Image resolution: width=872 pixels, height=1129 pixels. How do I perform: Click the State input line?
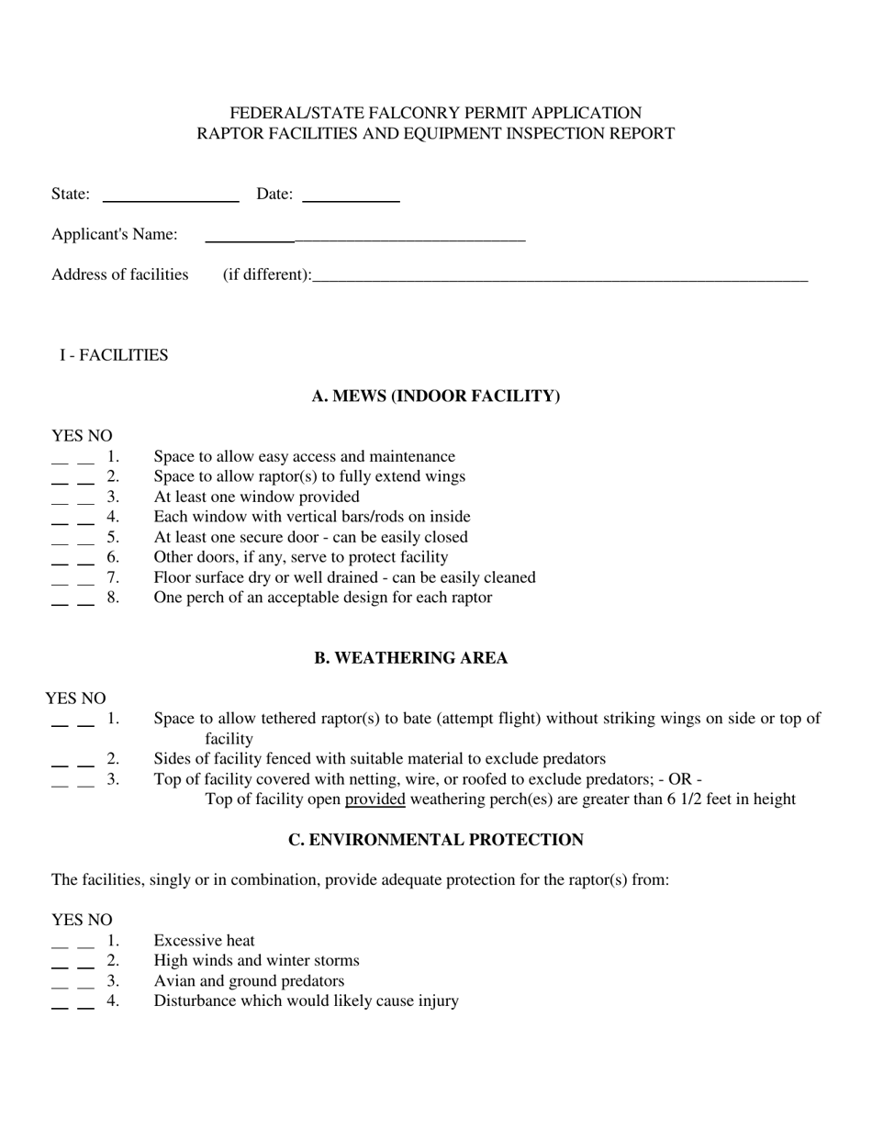(171, 198)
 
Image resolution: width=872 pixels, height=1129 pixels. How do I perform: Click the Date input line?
(351, 198)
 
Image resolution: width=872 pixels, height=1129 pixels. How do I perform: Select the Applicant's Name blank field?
(364, 239)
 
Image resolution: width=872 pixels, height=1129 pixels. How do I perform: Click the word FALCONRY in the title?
(415, 113)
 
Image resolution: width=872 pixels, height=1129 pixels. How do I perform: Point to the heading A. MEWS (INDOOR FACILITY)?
(436, 397)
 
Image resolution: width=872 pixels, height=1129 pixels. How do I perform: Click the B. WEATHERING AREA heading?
(410, 658)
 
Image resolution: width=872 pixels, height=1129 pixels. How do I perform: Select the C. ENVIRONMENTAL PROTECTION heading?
(436, 840)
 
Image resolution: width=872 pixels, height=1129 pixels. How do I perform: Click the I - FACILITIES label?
(114, 355)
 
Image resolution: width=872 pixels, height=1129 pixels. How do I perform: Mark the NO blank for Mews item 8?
(85, 602)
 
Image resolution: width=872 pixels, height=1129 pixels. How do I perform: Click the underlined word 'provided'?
(375, 799)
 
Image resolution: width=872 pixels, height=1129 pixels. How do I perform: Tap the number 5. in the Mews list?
(113, 537)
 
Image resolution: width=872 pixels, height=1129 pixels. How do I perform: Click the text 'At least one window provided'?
(256, 497)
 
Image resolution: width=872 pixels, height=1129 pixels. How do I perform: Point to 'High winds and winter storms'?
(256, 961)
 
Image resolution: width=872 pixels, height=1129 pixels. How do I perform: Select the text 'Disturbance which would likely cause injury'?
(306, 1001)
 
